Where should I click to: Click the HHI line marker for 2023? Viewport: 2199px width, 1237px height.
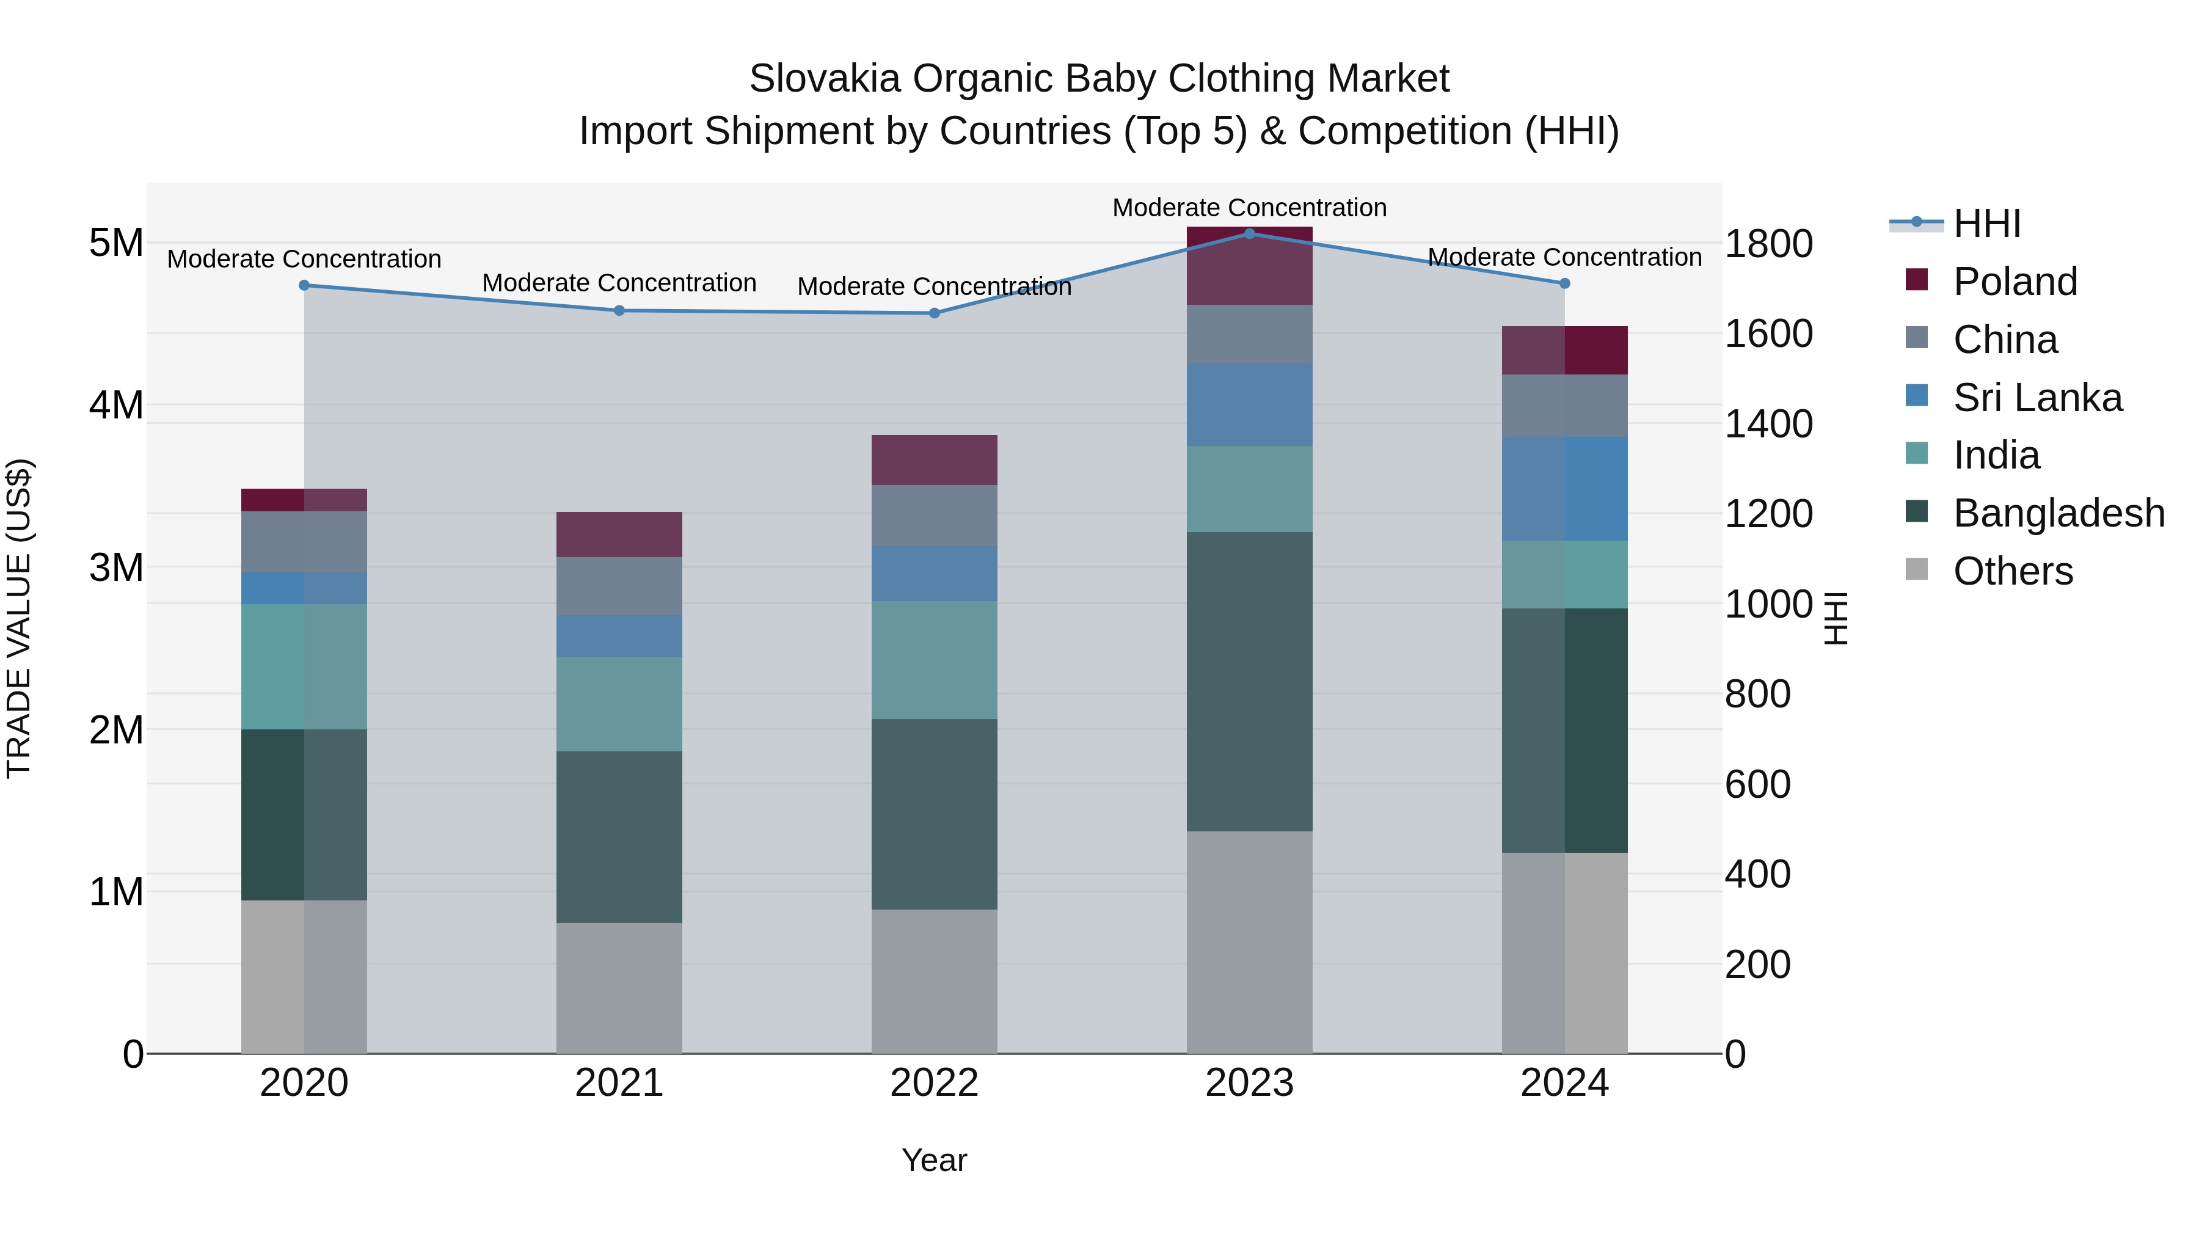click(x=1249, y=233)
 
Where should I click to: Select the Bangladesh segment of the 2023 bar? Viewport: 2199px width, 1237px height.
click(x=1249, y=681)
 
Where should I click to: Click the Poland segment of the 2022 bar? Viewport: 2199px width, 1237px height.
click(x=934, y=460)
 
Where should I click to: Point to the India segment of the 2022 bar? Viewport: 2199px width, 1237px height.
click(x=934, y=659)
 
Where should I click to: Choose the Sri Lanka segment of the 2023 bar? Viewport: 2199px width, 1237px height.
click(x=1249, y=404)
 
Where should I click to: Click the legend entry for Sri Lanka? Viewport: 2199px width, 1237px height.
click(x=2037, y=398)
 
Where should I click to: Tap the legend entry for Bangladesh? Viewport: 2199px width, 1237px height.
click(x=2058, y=513)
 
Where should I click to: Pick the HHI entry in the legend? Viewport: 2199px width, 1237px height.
click(x=1986, y=224)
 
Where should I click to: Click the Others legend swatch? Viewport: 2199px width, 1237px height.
click(x=1916, y=569)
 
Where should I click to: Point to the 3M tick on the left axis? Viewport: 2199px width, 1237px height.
click(x=116, y=567)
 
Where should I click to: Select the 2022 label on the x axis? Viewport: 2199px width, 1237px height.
click(x=934, y=1083)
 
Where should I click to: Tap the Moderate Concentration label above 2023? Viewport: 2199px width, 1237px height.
click(x=1249, y=208)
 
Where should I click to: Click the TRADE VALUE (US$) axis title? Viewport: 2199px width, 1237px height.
click(x=19, y=618)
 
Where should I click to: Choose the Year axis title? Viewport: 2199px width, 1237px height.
click(x=934, y=1160)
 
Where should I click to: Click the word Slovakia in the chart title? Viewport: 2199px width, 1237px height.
click(x=824, y=79)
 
